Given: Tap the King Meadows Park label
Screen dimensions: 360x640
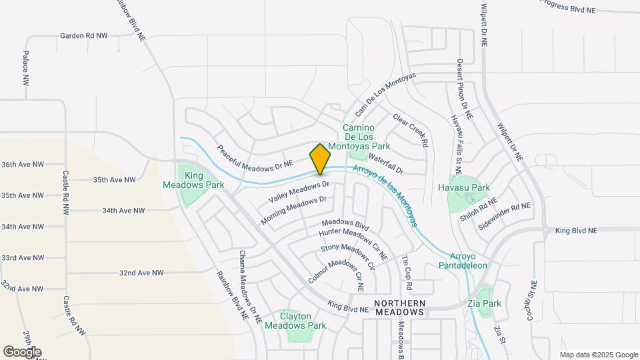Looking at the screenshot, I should tap(194, 180).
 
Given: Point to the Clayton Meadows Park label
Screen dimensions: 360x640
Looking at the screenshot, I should tap(295, 321).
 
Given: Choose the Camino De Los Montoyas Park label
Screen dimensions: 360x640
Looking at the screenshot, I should tap(367, 136).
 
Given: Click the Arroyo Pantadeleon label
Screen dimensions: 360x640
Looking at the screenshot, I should tap(468, 261).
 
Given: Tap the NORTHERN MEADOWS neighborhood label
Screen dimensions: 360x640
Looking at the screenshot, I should tap(399, 307).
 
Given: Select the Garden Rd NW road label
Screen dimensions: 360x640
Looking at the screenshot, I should tap(84, 36).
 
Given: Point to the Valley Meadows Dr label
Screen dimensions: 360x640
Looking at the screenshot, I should tap(299, 192).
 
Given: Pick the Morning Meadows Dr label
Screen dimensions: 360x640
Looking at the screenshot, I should tap(293, 209).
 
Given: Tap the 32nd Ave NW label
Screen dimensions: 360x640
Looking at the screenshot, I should tap(141, 273).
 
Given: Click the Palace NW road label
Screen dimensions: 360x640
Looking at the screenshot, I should tap(25, 67).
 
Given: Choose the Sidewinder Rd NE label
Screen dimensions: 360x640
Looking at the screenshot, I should tap(505, 215).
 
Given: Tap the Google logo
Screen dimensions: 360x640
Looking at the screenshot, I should tap(22, 351).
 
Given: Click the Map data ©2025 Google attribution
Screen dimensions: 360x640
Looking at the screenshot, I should tap(598, 355).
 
